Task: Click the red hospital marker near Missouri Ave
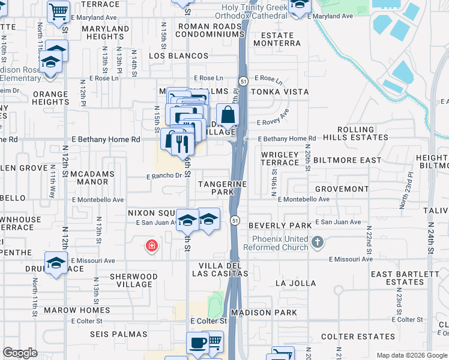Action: pos(152,245)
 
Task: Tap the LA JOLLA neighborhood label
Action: pos(295,283)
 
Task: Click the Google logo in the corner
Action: pos(20,353)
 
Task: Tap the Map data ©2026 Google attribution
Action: pos(411,355)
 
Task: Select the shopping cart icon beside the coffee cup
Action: pos(214,342)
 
